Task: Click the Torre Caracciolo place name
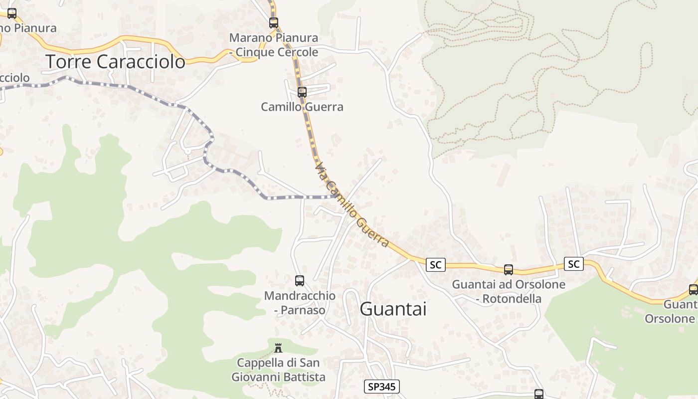coord(115,61)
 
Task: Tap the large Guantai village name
coord(393,309)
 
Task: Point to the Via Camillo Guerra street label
coord(351,204)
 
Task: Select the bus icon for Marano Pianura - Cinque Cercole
coord(273,22)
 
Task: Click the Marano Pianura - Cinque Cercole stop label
coord(273,45)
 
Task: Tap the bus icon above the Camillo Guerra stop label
coord(302,92)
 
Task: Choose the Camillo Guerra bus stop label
coord(302,107)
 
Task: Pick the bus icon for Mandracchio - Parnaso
coord(299,280)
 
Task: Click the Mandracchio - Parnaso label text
coord(300,303)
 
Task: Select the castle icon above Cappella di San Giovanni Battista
coord(278,348)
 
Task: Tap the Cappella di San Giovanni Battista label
coord(278,370)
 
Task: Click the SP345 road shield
coord(382,386)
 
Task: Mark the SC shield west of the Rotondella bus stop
coord(435,265)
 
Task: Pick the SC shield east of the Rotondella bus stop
coord(573,264)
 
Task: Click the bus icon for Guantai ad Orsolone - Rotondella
coord(508,269)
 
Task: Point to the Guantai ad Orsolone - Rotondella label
coord(509,292)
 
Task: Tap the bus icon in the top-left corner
coord(11,13)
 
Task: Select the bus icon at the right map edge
coord(693,289)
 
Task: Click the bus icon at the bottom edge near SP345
coord(538,394)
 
